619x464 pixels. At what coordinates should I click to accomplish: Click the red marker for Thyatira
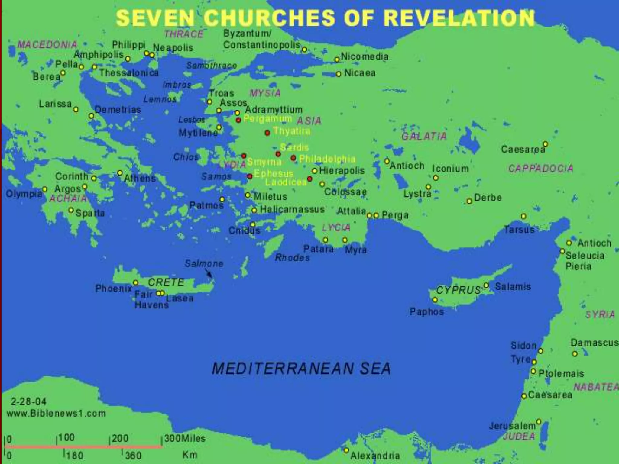click(x=267, y=133)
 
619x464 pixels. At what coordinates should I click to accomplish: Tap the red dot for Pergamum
click(x=238, y=120)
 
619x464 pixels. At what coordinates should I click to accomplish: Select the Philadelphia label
click(x=327, y=159)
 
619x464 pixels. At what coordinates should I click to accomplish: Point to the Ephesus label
click(x=274, y=173)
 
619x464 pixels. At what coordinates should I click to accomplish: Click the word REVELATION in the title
click(x=459, y=18)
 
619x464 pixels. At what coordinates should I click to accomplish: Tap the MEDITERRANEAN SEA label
click(x=301, y=369)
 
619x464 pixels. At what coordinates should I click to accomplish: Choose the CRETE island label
click(x=166, y=282)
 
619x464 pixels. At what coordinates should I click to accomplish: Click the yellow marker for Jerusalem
click(x=539, y=421)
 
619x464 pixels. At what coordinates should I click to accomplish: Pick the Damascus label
click(x=594, y=343)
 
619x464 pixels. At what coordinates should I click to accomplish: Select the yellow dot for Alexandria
click(x=346, y=450)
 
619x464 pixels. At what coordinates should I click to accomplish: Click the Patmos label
click(x=206, y=205)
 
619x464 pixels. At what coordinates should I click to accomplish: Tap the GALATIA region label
click(x=424, y=137)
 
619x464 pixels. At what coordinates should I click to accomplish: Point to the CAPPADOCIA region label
click(x=540, y=168)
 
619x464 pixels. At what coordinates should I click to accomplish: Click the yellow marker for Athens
click(x=120, y=173)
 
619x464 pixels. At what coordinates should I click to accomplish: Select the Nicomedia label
click(x=365, y=56)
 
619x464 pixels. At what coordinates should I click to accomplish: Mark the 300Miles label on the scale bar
click(x=185, y=438)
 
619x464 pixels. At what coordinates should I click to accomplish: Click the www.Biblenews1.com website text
click(x=56, y=413)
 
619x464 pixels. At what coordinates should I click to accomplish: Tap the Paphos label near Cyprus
click(x=427, y=312)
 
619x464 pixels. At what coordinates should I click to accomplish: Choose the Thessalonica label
click(x=129, y=73)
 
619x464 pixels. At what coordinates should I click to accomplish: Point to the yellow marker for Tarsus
click(x=523, y=216)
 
